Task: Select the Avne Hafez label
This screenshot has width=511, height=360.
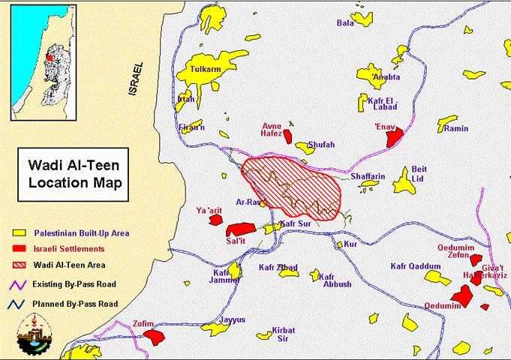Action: click(271, 130)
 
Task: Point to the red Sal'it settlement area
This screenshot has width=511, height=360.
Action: click(241, 228)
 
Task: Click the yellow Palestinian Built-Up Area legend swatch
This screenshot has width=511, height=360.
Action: click(20, 233)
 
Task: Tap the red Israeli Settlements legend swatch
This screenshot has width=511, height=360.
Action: click(20, 248)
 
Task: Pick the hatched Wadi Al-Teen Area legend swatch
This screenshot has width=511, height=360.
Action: click(20, 265)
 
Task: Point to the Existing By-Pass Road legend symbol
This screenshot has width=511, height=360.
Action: click(18, 284)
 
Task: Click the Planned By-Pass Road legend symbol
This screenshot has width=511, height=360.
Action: click(18, 304)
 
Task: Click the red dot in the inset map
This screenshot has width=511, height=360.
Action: click(50, 55)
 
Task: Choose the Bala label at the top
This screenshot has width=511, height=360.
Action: click(345, 22)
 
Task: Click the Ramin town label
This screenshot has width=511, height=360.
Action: click(456, 128)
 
